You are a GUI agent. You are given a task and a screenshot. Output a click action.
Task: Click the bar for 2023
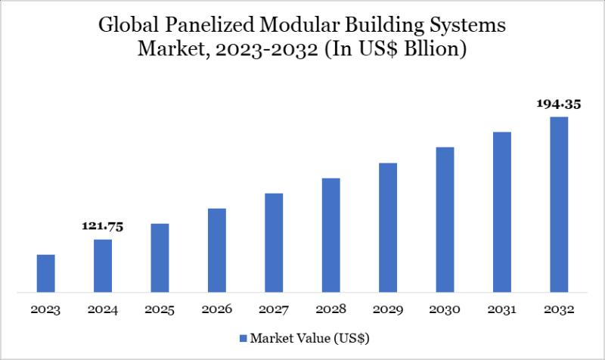(x=45, y=273)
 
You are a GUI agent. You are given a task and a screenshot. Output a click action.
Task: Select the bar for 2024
(x=103, y=265)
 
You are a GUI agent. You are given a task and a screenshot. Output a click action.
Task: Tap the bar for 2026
(x=217, y=250)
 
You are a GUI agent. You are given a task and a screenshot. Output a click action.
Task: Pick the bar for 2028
(x=330, y=234)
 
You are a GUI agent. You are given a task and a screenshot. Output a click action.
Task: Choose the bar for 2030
(x=445, y=219)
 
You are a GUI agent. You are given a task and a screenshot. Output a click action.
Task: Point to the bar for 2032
(x=559, y=204)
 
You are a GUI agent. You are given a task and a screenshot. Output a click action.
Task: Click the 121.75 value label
(x=103, y=226)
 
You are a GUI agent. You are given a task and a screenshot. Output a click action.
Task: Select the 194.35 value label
(x=559, y=104)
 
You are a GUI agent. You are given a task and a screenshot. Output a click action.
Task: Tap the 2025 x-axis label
(x=160, y=310)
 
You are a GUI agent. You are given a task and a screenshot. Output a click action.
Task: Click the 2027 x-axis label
(x=274, y=310)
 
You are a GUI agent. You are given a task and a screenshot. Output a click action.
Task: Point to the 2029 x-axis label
(x=388, y=310)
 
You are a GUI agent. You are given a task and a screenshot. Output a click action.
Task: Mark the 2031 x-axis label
(x=502, y=310)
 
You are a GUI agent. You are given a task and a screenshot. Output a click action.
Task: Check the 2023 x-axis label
(x=45, y=310)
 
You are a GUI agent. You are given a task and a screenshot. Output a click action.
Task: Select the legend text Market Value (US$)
(x=309, y=337)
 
